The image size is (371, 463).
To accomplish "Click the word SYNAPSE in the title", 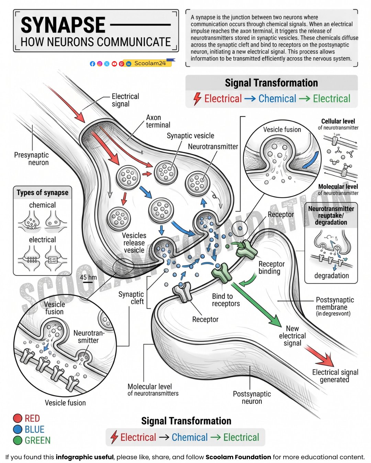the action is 63,25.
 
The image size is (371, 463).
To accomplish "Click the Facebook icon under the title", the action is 92,64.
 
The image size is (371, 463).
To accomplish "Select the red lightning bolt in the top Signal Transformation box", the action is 197,99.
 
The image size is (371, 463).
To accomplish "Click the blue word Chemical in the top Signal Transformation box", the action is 277,99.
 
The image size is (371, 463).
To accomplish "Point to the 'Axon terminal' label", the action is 158,121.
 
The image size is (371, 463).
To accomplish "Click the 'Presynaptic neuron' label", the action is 32,158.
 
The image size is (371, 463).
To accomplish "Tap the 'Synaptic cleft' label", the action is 131,298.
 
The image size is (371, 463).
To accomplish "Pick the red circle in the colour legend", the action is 18,418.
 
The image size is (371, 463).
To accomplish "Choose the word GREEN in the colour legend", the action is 37,440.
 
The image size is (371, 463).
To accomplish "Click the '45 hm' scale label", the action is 88,277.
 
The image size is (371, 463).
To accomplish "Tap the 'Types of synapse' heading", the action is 43,192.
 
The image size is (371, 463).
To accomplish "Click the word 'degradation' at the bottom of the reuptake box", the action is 331,276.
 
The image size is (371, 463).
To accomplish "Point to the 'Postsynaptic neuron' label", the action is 252,397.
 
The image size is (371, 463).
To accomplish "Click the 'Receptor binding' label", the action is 272,268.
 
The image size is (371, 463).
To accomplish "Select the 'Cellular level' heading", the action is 338,121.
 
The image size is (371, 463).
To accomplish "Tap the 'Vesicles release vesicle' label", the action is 134,243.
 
